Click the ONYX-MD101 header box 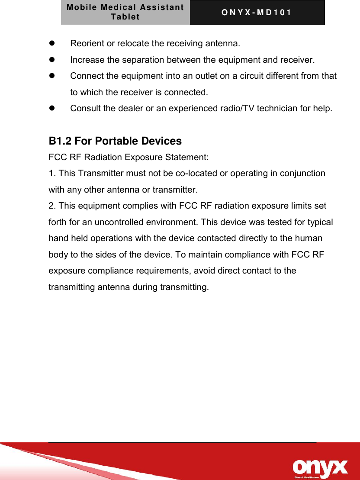click(x=257, y=13)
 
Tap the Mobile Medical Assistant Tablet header click(x=125, y=13)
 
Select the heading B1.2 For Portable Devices click(x=115, y=141)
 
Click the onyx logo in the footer click(x=320, y=467)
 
